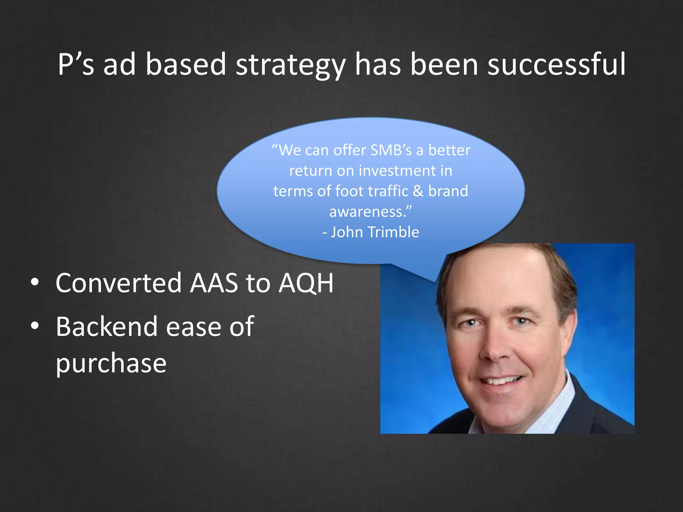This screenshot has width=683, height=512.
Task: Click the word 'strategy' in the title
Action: coord(290,65)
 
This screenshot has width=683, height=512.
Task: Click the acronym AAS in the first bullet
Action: coord(214,283)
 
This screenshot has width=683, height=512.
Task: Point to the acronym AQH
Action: coord(306,283)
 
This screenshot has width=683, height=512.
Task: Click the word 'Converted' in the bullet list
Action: coord(119,283)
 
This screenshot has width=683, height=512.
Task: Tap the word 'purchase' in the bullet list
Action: coord(111,363)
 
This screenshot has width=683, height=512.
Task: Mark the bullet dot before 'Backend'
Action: coord(35,326)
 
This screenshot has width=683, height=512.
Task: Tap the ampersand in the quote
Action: coord(418,191)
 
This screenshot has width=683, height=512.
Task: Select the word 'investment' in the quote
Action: coord(398,171)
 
